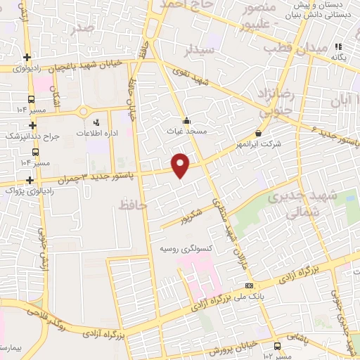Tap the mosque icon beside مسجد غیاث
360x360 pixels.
tap(186, 120)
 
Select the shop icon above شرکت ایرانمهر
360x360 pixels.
tap(259, 134)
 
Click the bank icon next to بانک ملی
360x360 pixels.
tap(250, 285)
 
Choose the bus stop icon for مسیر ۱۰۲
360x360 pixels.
tap(278, 346)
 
